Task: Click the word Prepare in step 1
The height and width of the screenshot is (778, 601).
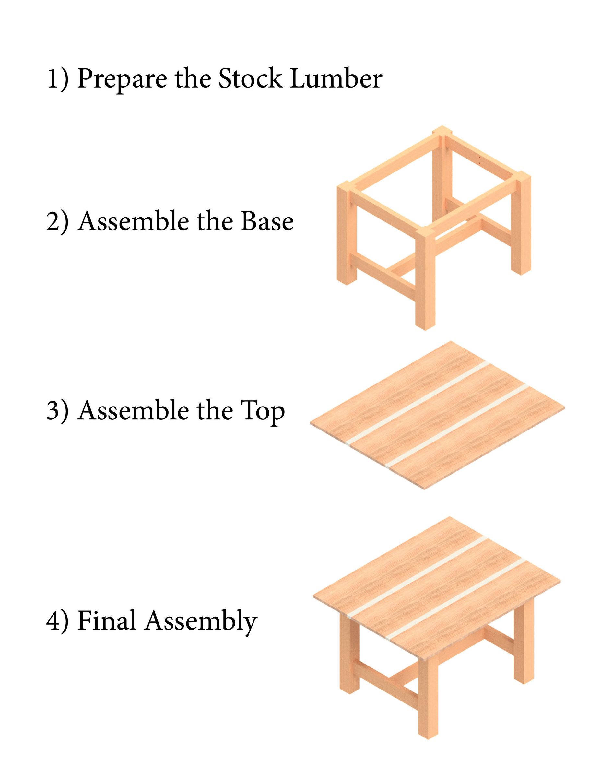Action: click(x=122, y=79)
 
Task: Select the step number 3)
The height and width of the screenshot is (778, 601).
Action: click(x=57, y=411)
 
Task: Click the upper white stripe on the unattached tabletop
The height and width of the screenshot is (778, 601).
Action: click(x=418, y=404)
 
